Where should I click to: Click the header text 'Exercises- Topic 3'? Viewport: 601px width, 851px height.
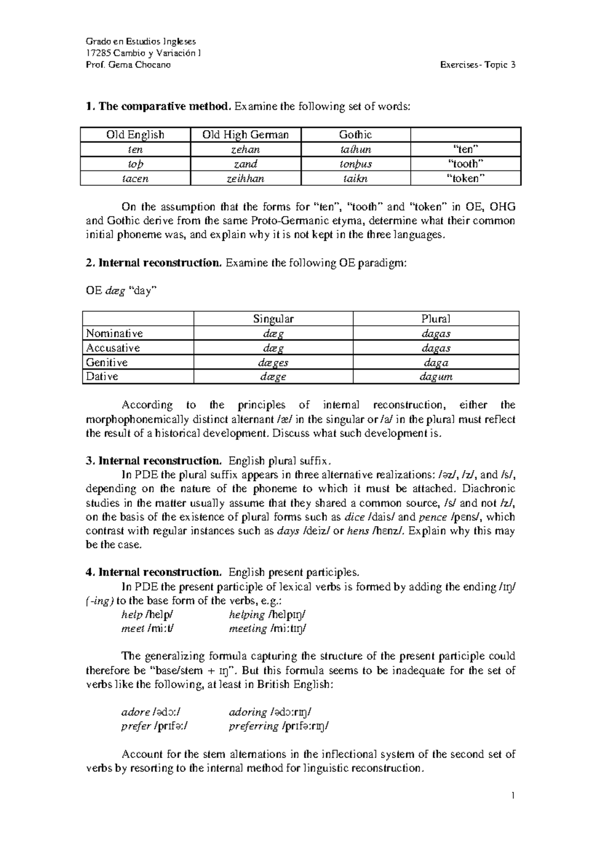pos(477,65)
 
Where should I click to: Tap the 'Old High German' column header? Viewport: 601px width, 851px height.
pos(245,135)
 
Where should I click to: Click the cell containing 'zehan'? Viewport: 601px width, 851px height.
pos(245,149)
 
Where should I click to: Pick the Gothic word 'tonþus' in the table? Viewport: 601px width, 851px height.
pos(356,164)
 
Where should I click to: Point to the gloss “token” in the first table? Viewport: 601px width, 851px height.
pos(465,178)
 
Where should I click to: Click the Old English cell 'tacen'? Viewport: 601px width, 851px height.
pos(135,178)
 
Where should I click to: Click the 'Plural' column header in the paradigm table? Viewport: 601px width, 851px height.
pos(436,319)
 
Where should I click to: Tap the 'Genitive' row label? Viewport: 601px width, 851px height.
pos(107,362)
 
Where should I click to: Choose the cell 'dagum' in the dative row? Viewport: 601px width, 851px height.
pos(436,377)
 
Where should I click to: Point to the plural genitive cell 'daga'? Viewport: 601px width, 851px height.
pos(436,362)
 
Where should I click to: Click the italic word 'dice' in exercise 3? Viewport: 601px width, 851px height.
pos(355,517)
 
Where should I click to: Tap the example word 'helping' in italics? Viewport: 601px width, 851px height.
pos(246,614)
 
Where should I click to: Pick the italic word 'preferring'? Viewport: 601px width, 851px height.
pos(253,726)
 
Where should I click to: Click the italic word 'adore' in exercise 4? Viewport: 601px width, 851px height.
pos(136,712)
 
